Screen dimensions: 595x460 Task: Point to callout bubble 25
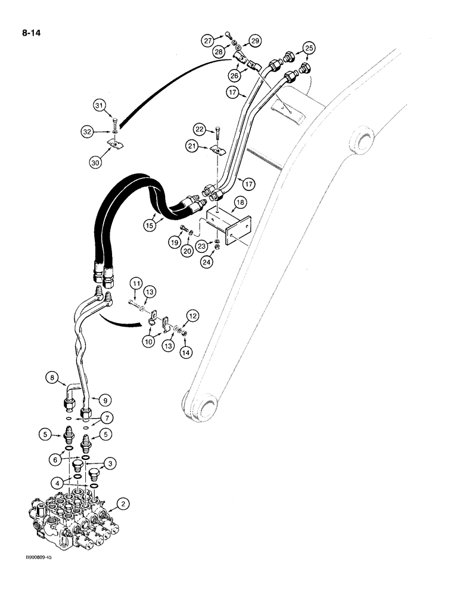309,48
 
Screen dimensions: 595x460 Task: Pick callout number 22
199,129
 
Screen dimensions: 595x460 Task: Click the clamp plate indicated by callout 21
219,151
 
